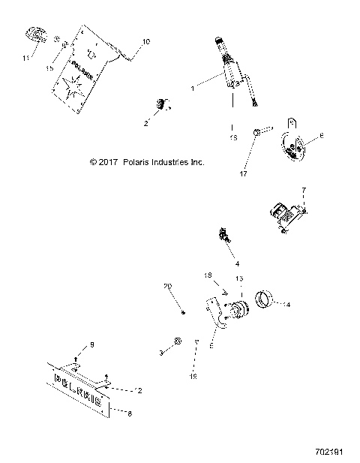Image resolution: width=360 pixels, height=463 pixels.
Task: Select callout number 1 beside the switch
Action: click(x=193, y=88)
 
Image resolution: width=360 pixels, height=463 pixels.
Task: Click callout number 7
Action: click(x=304, y=191)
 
